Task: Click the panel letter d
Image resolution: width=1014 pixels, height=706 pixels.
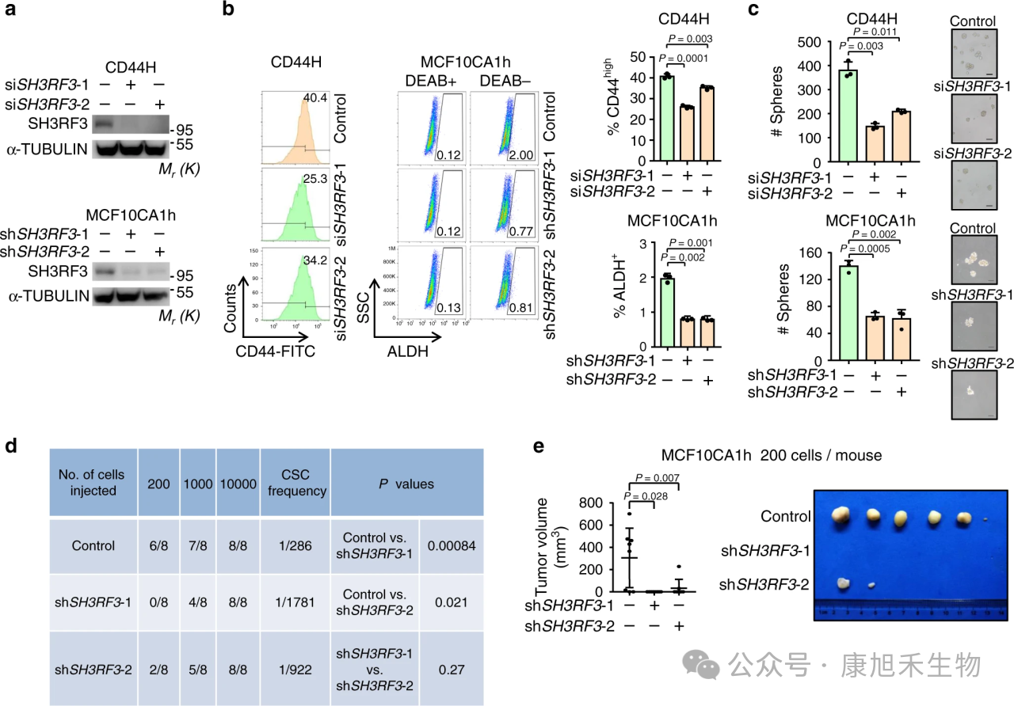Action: pos(12,445)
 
